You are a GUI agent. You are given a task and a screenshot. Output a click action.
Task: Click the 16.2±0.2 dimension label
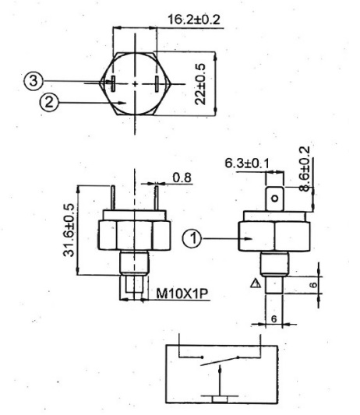pyautogui.click(x=194, y=19)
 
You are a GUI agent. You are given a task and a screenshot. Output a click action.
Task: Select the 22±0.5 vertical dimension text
pyautogui.click(x=200, y=84)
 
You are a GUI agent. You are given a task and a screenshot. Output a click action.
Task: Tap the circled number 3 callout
pyautogui.click(x=34, y=80)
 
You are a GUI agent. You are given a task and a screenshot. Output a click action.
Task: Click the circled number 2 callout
pyautogui.click(x=49, y=103)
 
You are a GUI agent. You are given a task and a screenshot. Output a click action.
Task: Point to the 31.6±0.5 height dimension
pyautogui.click(x=69, y=230)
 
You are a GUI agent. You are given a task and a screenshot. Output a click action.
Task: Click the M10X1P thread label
pyautogui.click(x=182, y=294)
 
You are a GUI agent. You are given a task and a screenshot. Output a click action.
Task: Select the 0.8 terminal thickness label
pyautogui.click(x=182, y=178)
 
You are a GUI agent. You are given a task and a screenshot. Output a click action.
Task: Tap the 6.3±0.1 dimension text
pyautogui.click(x=247, y=163)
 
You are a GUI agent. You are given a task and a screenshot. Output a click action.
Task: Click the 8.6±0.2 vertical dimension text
pyautogui.click(x=304, y=169)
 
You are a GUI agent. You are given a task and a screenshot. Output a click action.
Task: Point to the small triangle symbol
pyautogui.click(x=256, y=283)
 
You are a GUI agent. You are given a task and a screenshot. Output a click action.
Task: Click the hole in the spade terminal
pyautogui.click(x=275, y=199)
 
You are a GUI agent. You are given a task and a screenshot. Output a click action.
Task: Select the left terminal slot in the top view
pyautogui.click(x=113, y=83)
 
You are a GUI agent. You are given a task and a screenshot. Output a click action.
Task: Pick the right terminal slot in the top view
pyautogui.click(x=157, y=83)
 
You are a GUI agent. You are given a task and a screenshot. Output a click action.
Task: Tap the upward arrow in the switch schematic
pyautogui.click(x=220, y=381)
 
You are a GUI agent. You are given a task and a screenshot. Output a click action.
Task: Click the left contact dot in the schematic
pyautogui.click(x=202, y=357)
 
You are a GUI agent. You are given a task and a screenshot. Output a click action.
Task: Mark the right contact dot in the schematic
pyautogui.click(x=238, y=357)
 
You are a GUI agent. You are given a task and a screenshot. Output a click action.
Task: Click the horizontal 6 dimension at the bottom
pyautogui.click(x=274, y=318)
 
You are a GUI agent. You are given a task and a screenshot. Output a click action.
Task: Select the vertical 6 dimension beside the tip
pyautogui.click(x=314, y=285)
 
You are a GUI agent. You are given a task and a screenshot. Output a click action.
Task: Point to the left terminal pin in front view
pyautogui.click(x=113, y=198)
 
